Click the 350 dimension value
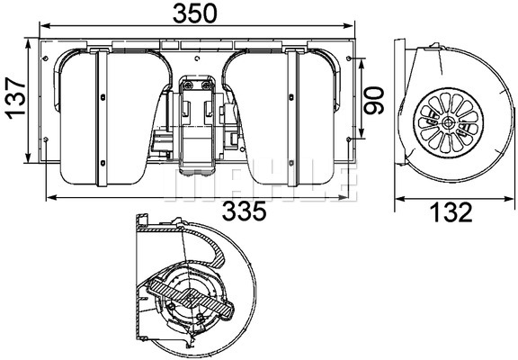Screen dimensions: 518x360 pyautogui.click(x=195, y=13)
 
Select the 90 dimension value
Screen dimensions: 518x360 pyautogui.click(x=373, y=100)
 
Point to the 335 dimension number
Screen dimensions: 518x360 pyautogui.click(x=244, y=211)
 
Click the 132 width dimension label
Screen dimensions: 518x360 pyautogui.click(x=451, y=212)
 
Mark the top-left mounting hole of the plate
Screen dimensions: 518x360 pyautogui.click(x=46, y=58)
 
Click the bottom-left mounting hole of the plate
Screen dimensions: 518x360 pyautogui.click(x=46, y=139)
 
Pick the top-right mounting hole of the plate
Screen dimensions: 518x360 pyautogui.click(x=349, y=58)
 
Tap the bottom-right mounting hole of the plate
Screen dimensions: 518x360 pyautogui.click(x=349, y=139)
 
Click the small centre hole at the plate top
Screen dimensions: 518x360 pyautogui.click(x=197, y=58)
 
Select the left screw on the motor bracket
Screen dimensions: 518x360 pyautogui.click(x=188, y=85)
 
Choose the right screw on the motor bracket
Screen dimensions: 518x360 pyautogui.click(x=207, y=85)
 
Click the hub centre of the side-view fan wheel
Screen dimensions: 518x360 pyautogui.click(x=448, y=123)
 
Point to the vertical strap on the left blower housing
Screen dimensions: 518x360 pyautogui.click(x=102, y=117)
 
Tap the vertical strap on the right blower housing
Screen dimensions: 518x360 pyautogui.click(x=292, y=117)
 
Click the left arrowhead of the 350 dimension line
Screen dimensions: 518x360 pyautogui.click(x=44, y=26)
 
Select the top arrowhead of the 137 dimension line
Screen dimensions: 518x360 pyautogui.click(x=29, y=43)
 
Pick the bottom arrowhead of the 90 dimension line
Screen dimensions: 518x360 pyautogui.click(x=362, y=133)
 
